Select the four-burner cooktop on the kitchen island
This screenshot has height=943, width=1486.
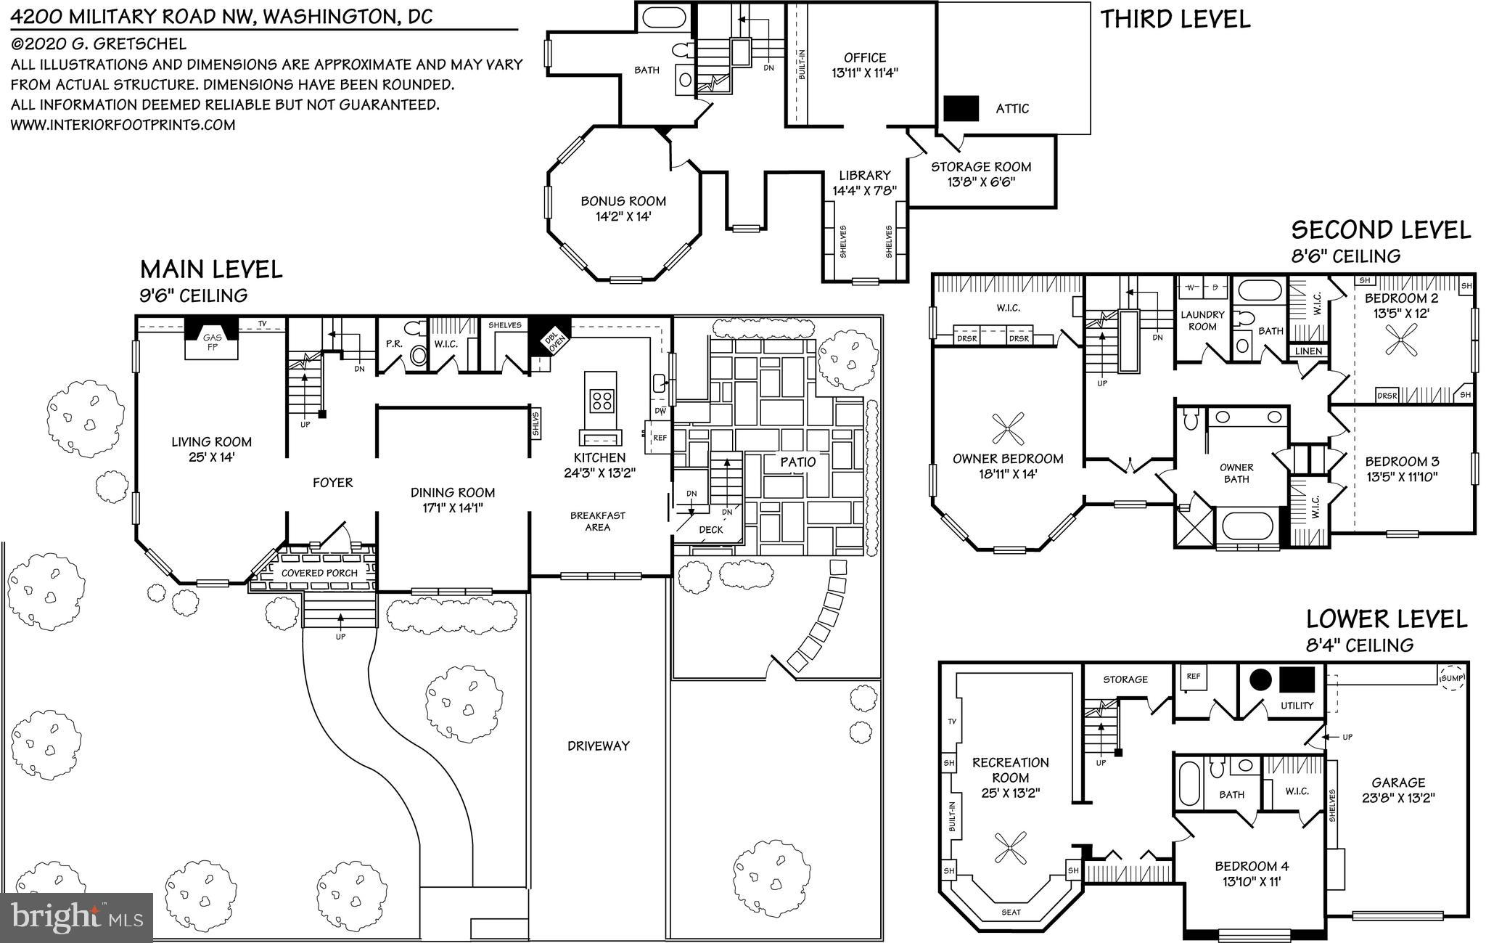(602, 400)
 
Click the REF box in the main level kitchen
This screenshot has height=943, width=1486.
(659, 438)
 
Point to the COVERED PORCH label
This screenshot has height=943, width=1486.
(319, 573)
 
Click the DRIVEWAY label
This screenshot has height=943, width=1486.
(598, 746)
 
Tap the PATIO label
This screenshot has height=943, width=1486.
(797, 462)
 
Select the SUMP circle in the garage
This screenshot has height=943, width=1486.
(1452, 678)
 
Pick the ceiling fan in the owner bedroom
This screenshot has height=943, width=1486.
(1008, 430)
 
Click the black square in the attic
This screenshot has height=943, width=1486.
(961, 108)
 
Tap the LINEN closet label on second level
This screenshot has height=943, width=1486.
(1309, 351)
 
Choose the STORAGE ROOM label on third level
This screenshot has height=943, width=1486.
(981, 167)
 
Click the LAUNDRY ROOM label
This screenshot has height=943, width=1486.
(1202, 320)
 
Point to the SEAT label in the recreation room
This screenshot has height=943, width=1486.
(1011, 912)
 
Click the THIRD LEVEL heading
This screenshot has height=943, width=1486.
(1175, 20)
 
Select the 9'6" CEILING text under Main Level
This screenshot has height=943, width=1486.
(194, 295)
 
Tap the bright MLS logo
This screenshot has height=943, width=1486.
(77, 918)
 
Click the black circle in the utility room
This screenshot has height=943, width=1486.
(1260, 680)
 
